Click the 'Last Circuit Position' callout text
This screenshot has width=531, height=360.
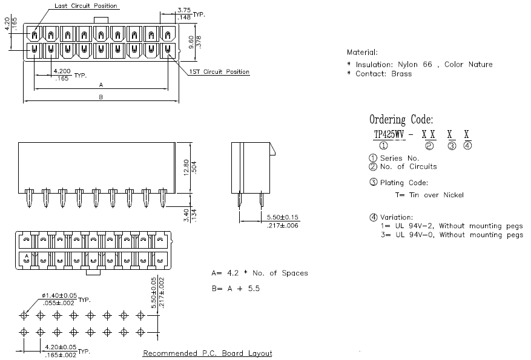point(86,6)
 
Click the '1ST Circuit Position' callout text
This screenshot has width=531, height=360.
point(219,72)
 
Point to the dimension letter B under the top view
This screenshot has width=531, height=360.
point(101,97)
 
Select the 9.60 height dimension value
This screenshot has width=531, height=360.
point(191,42)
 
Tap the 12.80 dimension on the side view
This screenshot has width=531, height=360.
point(186,168)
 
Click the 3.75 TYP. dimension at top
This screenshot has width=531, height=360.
point(184,10)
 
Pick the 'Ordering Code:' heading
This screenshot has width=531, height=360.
point(401,119)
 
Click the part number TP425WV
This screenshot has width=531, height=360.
point(389,134)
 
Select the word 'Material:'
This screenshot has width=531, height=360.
point(362,53)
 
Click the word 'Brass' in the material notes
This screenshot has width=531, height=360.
point(401,74)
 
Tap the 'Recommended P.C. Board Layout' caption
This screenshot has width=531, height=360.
point(207,353)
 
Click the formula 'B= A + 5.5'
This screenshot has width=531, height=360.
point(236,288)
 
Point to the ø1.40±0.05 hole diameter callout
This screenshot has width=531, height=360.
point(59,296)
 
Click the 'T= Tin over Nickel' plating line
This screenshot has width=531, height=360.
point(429,195)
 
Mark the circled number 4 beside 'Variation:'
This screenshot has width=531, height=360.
point(373,217)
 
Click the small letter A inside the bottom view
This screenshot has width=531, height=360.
point(27,256)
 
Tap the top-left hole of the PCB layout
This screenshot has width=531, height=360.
point(24,316)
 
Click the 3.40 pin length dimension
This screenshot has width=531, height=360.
point(186,215)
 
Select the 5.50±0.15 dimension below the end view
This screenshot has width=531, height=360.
point(282,217)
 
